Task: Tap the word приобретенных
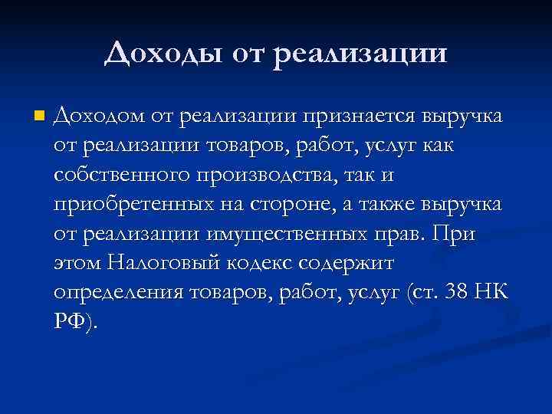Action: coord(123,205)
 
